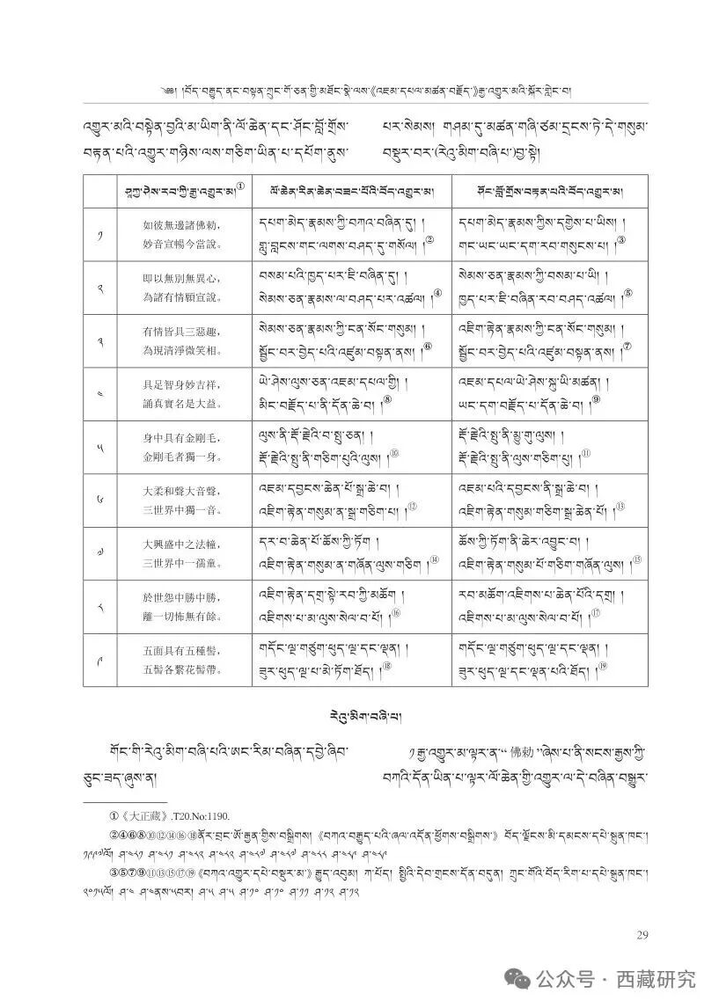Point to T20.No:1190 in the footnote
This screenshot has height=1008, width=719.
[x=201, y=816]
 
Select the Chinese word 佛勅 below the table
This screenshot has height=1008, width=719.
[x=508, y=753]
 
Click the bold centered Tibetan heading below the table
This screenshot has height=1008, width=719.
[x=360, y=711]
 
